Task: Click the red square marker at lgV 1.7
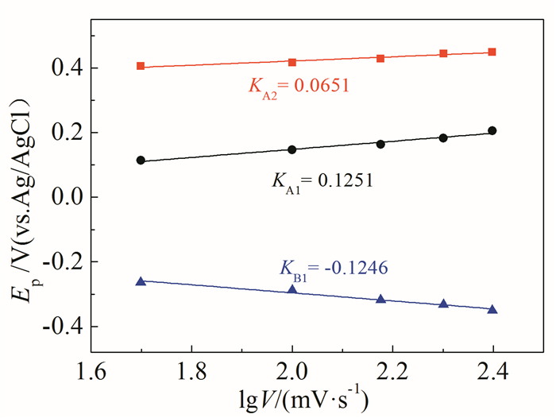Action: coord(141,66)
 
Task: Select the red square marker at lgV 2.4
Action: coord(492,52)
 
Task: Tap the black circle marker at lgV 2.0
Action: coord(292,149)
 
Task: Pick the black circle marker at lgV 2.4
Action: coord(492,130)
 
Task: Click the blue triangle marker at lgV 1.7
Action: coord(141,281)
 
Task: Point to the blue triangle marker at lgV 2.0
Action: coord(292,289)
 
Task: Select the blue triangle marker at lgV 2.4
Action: coord(492,309)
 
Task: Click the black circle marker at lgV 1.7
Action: coord(141,160)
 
